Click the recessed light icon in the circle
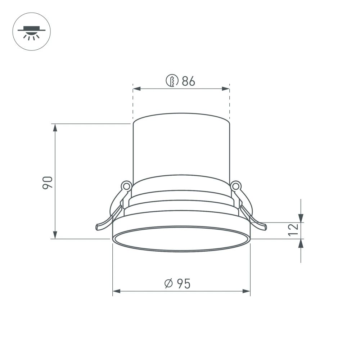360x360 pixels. pos(32,32)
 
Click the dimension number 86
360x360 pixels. pos(188,81)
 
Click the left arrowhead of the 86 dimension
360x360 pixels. pos(136,89)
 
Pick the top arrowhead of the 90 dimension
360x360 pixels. pos(55,127)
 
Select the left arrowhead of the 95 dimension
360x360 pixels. pos(116,291)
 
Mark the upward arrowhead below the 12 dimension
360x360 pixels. pos(301,243)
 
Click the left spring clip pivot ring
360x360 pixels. pos(126,186)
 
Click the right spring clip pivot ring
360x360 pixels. pos(236,186)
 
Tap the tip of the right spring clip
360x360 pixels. pos(264,227)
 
